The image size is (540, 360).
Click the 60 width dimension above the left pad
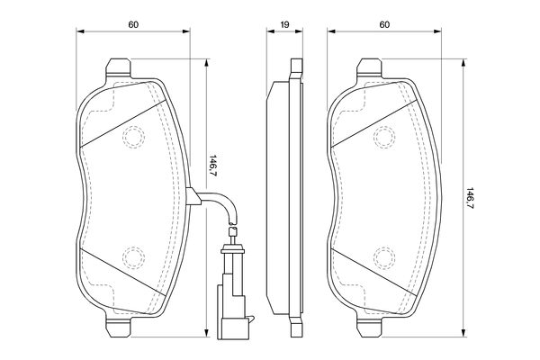coord(132,24)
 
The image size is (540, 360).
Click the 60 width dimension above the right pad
coord(384,24)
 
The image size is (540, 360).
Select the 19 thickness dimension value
coord(285,24)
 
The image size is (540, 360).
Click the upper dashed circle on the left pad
coord(133,137)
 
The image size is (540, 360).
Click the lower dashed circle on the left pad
coord(133,257)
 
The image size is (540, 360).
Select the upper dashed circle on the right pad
coord(385,137)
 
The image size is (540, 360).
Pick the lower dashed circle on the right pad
coord(385,257)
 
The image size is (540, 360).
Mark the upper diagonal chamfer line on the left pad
coord(124,123)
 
